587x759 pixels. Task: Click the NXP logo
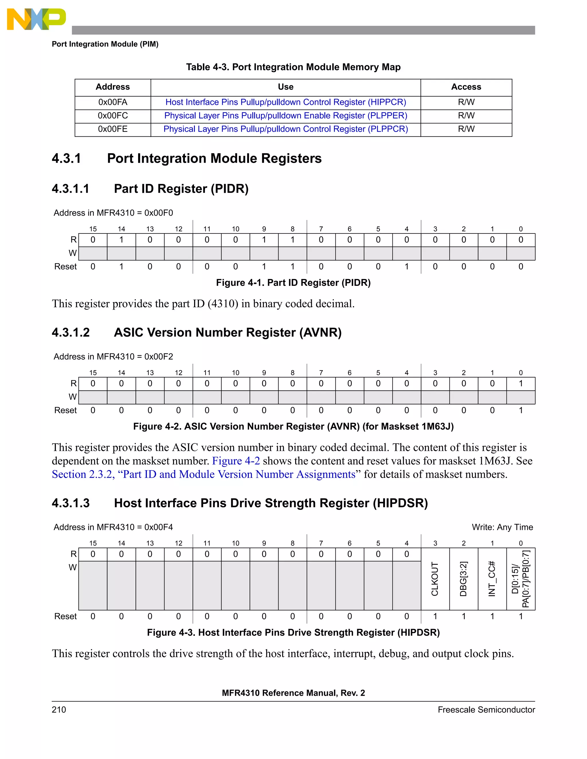point(36,19)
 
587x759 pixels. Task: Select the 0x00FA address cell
point(113,102)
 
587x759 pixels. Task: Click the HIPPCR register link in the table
point(285,102)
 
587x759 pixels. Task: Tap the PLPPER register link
point(285,116)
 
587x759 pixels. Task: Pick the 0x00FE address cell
point(113,129)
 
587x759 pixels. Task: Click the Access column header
point(466,87)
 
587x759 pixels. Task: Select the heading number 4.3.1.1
point(71,189)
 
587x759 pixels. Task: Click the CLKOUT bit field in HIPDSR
point(435,579)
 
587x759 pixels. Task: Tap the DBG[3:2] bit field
point(463,579)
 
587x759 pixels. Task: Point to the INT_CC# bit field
point(492,579)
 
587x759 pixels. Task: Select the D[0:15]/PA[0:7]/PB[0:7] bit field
point(521,579)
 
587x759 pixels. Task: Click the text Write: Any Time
point(502,527)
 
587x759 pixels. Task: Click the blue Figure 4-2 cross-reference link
point(236,461)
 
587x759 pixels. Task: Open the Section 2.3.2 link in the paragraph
point(204,474)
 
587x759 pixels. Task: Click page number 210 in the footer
point(59,710)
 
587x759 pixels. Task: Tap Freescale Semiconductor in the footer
point(486,710)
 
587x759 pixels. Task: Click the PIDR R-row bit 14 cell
point(121,240)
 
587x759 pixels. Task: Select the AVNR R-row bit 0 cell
point(521,384)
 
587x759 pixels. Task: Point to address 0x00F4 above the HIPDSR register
point(159,527)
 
